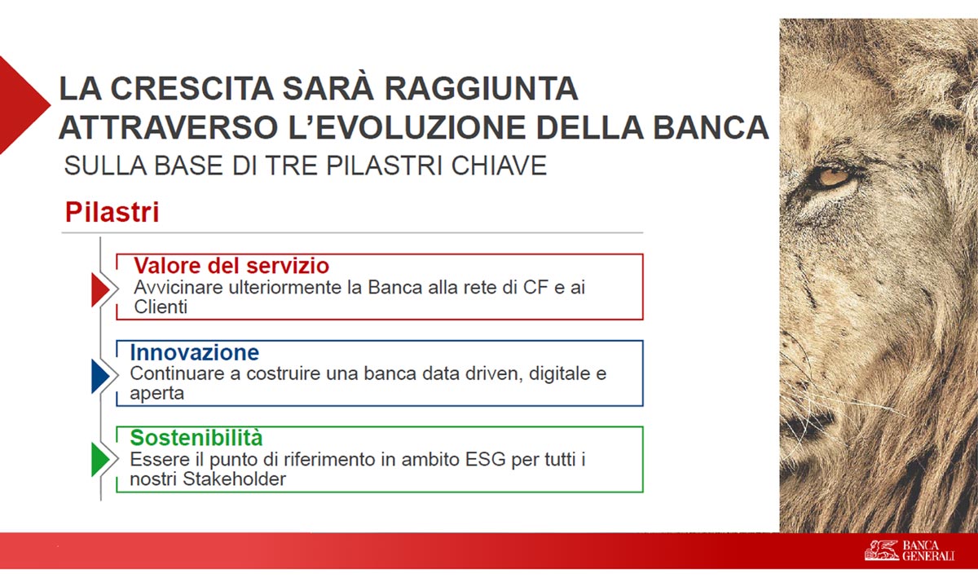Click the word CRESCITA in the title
(192, 89)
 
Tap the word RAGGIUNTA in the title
(481, 89)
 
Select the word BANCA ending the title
(711, 127)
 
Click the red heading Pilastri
(112, 212)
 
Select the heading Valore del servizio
(231, 266)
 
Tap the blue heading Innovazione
(195, 352)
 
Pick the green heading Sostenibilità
(196, 438)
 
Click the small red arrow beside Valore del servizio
(100, 289)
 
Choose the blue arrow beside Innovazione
(100, 376)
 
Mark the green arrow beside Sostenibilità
(100, 460)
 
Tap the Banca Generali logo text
(928, 551)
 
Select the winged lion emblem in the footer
(881, 550)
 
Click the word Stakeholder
(234, 479)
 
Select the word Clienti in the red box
(161, 307)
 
